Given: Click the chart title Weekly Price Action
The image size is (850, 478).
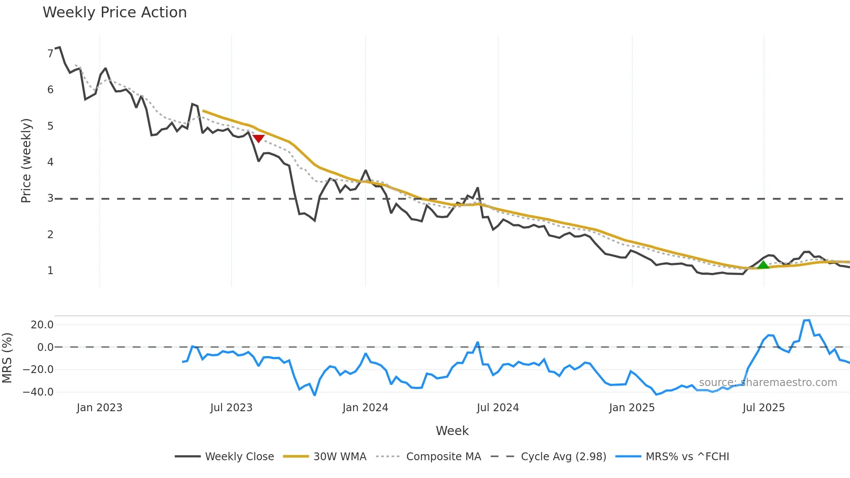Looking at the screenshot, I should [x=114, y=13].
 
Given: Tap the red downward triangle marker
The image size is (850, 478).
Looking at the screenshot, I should [x=258, y=138].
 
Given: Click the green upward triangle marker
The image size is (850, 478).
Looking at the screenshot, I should [x=763, y=265].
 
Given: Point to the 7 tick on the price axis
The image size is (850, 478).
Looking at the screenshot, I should [x=50, y=54].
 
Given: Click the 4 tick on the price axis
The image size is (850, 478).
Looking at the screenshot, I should [x=50, y=162].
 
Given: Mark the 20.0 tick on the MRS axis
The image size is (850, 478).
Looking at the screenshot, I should [x=42, y=325].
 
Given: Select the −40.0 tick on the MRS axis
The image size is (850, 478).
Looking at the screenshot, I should [x=38, y=392].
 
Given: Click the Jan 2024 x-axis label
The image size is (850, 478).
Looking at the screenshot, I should [x=365, y=408].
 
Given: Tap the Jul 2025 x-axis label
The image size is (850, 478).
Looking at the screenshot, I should [x=763, y=408].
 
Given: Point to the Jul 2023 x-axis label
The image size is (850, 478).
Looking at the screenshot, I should [x=231, y=408].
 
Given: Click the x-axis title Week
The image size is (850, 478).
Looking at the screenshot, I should [x=452, y=431].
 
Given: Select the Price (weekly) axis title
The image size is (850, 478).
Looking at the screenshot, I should [x=26, y=160].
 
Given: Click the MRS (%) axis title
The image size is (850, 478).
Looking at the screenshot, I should [x=7, y=358].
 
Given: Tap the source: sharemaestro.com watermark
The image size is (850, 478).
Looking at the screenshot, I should [x=768, y=383].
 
